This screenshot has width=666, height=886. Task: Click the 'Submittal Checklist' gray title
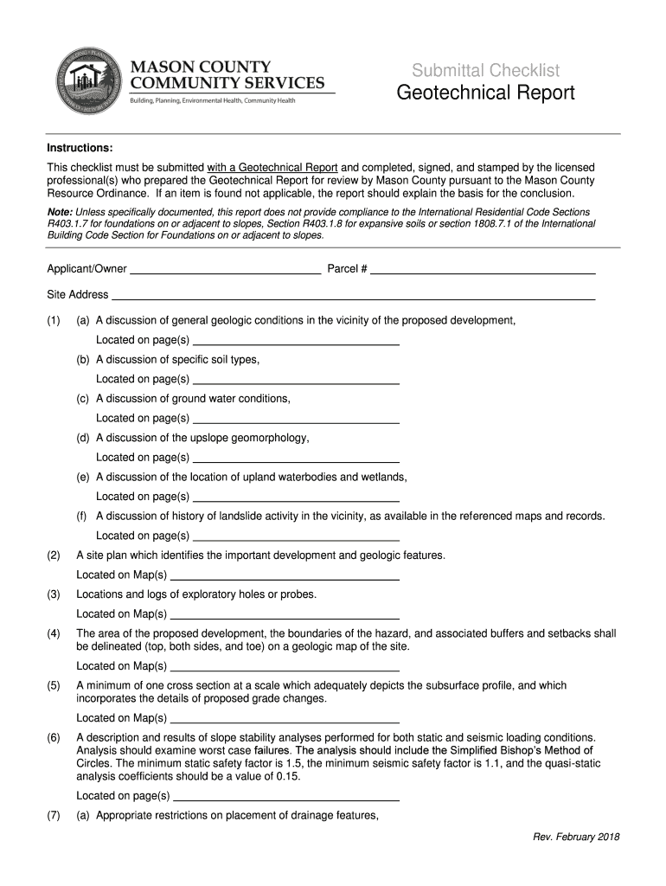(x=485, y=70)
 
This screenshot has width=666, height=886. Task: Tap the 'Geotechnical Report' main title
(x=485, y=93)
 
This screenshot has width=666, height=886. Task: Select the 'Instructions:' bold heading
(x=80, y=148)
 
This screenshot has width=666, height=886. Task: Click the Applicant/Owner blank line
(x=225, y=269)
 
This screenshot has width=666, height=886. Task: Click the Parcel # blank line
(x=483, y=269)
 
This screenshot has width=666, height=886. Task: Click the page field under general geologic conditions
(x=295, y=340)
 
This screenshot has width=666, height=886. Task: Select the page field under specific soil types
(x=295, y=379)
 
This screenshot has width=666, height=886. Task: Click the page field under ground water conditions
(x=295, y=418)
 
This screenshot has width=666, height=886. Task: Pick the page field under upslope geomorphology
(x=295, y=457)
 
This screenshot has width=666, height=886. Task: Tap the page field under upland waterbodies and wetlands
(x=295, y=496)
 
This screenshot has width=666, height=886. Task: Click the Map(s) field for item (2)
(x=285, y=575)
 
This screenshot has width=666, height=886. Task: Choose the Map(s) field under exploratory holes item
(x=285, y=613)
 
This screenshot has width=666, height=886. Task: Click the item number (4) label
(x=54, y=633)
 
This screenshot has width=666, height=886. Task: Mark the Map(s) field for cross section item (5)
(x=285, y=717)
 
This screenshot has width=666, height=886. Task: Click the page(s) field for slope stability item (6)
(x=286, y=795)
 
